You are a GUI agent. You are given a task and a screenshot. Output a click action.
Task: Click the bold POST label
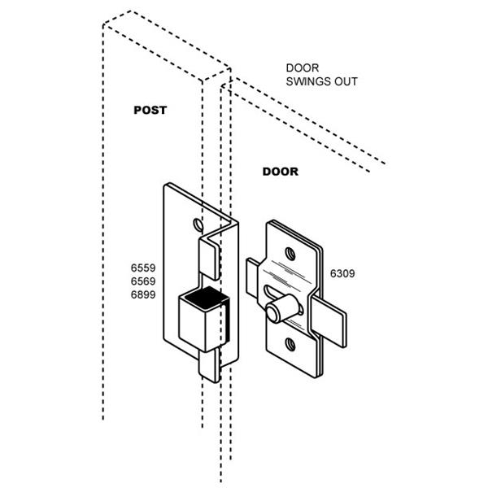tap(150, 110)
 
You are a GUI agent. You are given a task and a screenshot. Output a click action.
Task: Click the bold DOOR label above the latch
tap(280, 172)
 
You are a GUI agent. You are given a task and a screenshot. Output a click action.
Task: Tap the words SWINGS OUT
tap(321, 82)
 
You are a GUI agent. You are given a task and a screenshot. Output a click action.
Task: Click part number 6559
tap(142, 268)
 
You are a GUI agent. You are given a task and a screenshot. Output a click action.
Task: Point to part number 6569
tap(142, 281)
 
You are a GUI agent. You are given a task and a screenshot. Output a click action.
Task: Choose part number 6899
tap(142, 295)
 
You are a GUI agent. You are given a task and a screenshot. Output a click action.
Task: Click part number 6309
tap(344, 274)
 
